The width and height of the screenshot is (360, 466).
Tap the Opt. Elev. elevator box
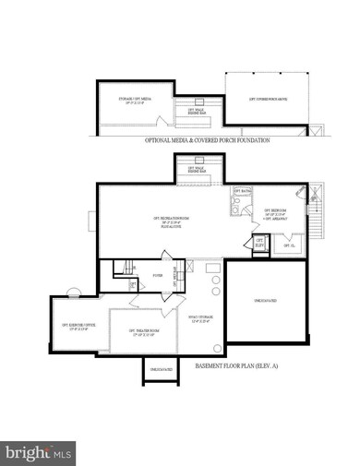pos(259,243)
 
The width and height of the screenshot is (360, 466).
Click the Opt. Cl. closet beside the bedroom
pos(288,245)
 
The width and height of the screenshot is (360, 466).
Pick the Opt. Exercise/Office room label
pos(78,326)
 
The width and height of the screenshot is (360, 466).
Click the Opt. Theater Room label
pos(142,331)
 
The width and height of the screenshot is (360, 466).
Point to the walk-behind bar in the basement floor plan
pos(198,171)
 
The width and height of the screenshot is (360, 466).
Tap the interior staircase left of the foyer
pos(124,269)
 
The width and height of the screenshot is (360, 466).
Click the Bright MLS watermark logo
pos(39,452)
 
